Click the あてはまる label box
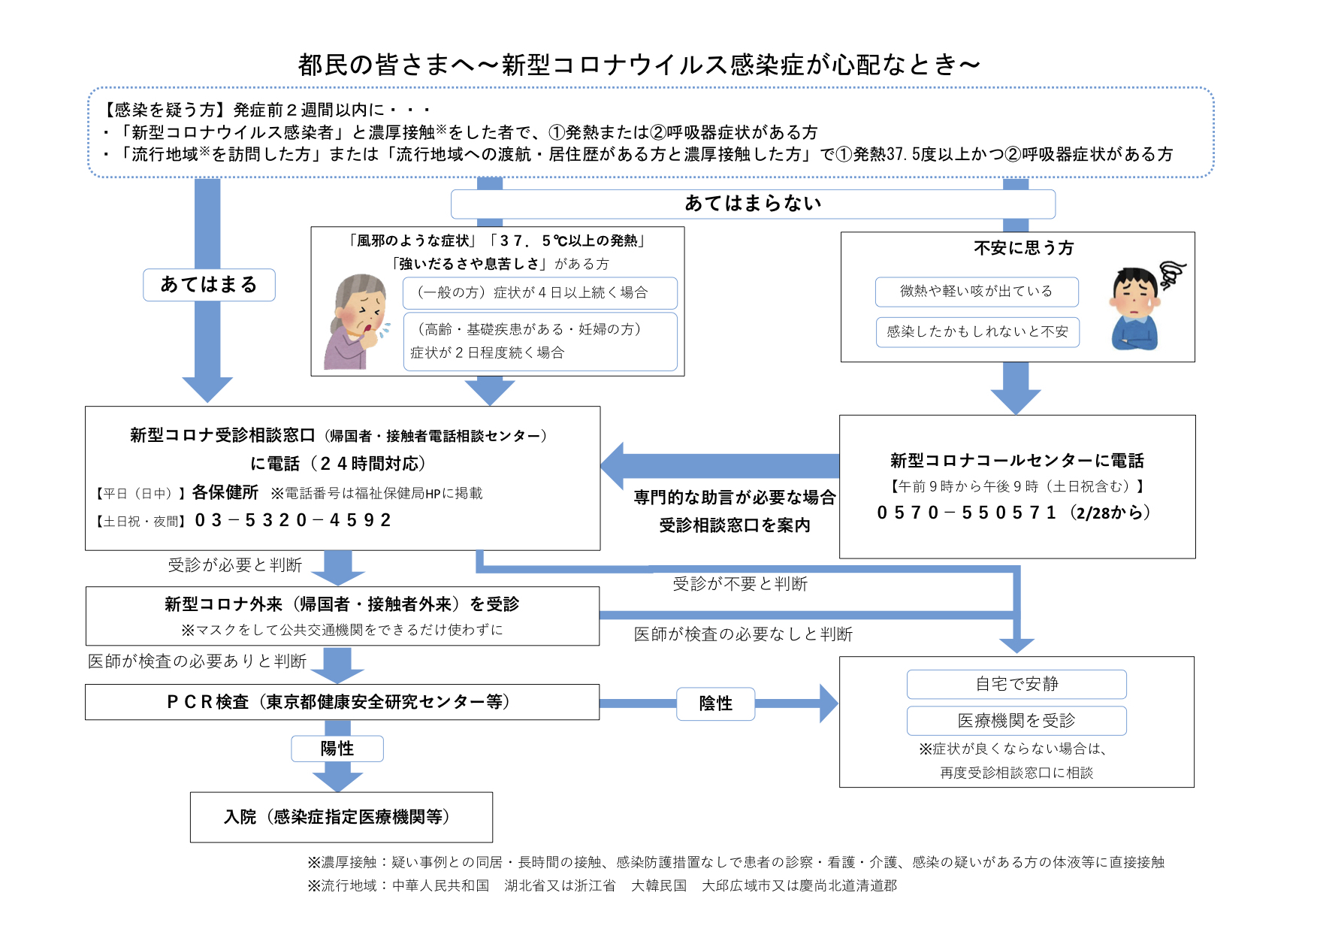[x=209, y=285]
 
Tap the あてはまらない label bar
[x=753, y=204]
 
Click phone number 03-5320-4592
[x=293, y=520]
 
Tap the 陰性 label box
[x=716, y=704]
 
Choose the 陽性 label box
[x=337, y=749]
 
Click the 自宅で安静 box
[x=1016, y=684]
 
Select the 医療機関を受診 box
[x=1016, y=721]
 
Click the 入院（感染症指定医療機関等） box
[x=341, y=817]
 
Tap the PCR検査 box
[x=342, y=702]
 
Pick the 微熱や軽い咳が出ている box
[x=977, y=292]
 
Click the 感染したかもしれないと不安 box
[x=977, y=332]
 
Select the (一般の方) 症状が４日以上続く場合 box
[x=539, y=293]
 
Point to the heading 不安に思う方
[x=1024, y=248]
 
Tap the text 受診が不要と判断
[x=740, y=584]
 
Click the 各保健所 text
[x=225, y=492]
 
